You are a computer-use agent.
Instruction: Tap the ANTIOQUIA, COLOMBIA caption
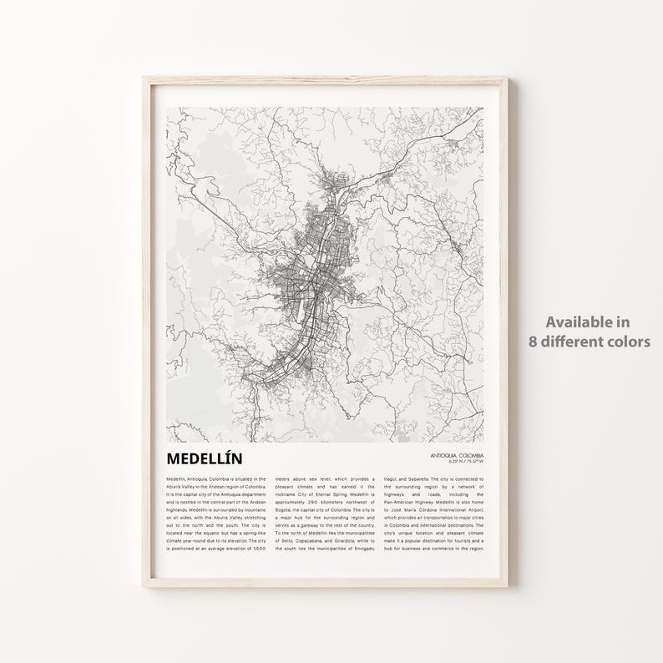tap(457, 454)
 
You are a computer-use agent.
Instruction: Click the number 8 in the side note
tap(533, 341)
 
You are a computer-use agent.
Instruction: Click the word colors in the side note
tap(630, 341)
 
